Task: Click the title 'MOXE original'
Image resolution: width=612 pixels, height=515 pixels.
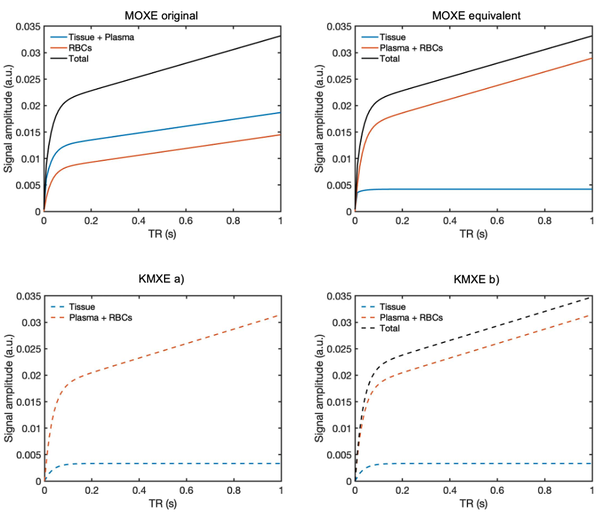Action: [x=161, y=16]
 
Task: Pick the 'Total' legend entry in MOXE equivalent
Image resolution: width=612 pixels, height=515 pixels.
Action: [x=389, y=58]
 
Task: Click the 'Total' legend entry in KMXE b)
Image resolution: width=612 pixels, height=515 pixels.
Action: [x=389, y=328]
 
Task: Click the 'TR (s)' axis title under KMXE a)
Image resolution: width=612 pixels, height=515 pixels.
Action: [x=162, y=503]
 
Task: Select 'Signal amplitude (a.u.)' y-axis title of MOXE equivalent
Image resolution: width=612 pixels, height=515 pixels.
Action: [x=320, y=119]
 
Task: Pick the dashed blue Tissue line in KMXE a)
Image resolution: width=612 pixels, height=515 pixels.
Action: [x=176, y=463]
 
